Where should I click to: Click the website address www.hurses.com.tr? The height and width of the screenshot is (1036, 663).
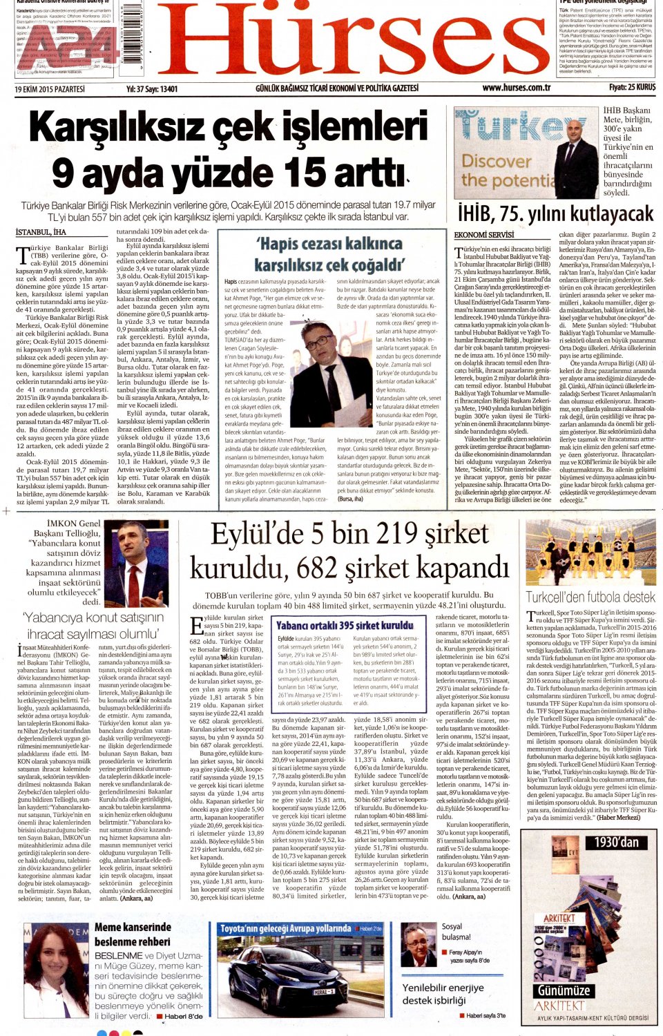(516, 88)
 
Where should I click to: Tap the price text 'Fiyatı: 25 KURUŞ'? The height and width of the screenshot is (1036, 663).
(632, 88)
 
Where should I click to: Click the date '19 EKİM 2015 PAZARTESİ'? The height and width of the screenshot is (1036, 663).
(49, 89)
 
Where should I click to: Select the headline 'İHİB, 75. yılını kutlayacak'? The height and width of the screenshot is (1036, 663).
(555, 213)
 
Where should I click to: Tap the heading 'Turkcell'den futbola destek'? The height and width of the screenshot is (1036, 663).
(590, 597)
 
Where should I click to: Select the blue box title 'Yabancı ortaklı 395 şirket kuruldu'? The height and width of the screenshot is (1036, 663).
(345, 626)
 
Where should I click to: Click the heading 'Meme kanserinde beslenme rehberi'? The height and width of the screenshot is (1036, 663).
(133, 934)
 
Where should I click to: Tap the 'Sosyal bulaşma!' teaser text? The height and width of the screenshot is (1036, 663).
(456, 932)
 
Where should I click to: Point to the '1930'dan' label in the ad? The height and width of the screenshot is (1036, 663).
(616, 842)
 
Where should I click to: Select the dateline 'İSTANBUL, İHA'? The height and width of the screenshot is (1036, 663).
(41, 233)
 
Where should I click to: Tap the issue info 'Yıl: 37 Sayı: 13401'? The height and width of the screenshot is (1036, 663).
(152, 89)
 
